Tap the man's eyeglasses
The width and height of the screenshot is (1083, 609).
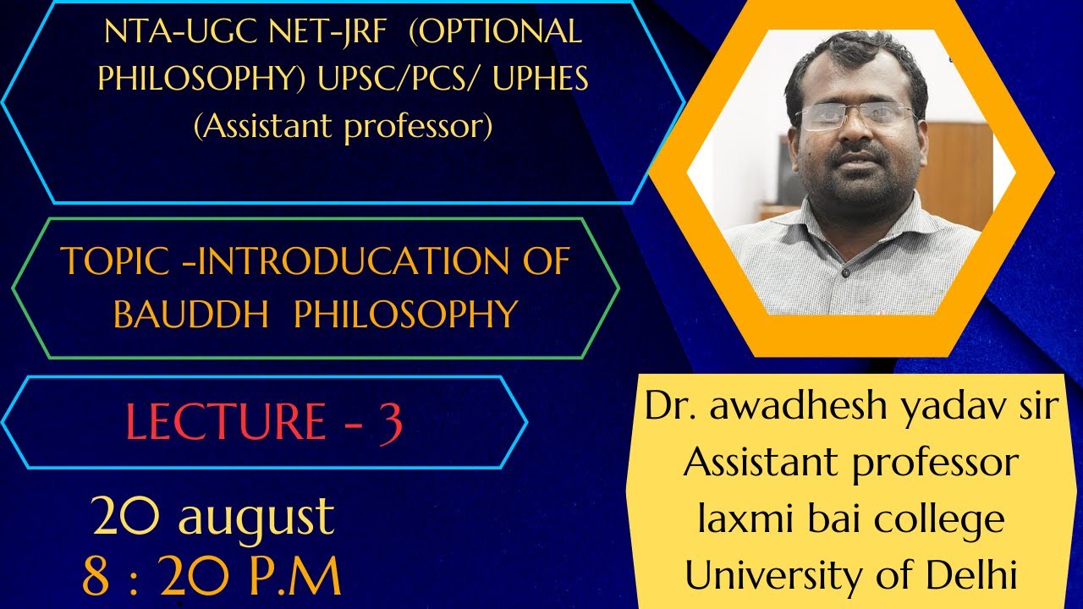point(855,118)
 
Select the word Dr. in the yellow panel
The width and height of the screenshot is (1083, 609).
point(672,406)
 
